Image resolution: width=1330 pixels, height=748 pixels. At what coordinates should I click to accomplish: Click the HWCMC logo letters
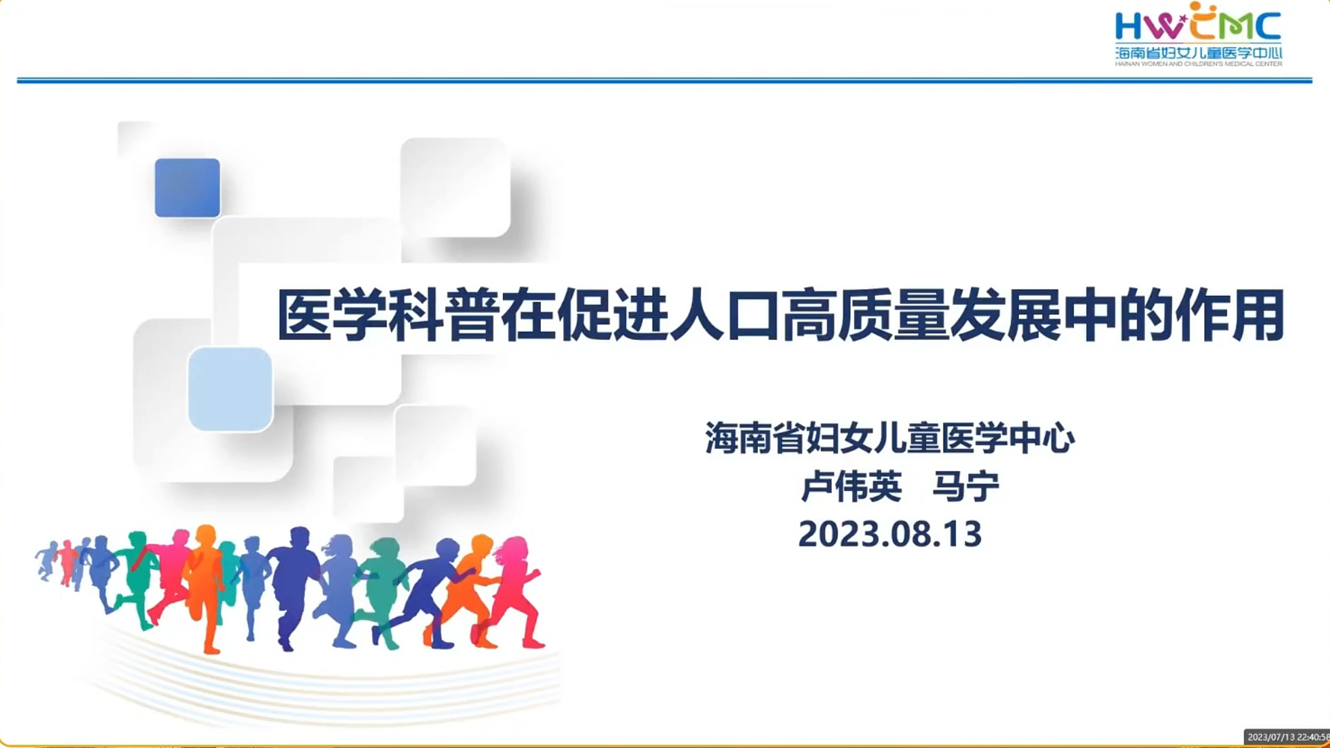(x=1198, y=22)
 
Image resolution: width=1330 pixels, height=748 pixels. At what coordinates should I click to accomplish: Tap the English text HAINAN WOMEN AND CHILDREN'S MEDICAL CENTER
(x=1198, y=64)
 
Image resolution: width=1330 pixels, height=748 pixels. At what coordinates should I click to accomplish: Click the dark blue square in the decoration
(x=187, y=188)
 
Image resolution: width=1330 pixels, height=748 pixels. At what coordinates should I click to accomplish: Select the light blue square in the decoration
(x=230, y=389)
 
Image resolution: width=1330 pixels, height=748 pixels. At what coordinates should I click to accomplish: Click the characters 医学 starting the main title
(x=332, y=316)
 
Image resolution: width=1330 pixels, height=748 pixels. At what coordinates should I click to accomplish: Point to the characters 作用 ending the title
(x=1230, y=316)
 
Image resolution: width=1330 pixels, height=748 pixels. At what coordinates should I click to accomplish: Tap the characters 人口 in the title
(x=725, y=316)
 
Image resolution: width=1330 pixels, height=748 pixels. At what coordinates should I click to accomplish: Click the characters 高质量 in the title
(x=865, y=316)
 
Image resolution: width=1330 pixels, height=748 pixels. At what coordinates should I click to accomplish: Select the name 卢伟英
(x=851, y=486)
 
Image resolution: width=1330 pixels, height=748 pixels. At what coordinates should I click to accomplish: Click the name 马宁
(x=966, y=486)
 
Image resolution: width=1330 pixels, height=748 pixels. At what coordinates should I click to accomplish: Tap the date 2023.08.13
(x=890, y=534)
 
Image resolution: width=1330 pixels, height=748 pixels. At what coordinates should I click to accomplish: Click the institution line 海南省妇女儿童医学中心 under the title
(x=890, y=438)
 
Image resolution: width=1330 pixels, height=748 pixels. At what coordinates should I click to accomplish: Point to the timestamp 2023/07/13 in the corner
(x=1271, y=738)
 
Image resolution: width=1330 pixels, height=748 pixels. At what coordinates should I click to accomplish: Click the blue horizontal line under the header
(x=664, y=80)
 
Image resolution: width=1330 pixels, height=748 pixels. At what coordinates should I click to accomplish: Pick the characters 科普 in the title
(x=444, y=316)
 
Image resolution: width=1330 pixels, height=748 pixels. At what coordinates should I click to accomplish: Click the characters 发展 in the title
(x=1005, y=316)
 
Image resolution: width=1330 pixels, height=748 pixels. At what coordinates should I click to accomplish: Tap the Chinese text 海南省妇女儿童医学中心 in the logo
(x=1198, y=53)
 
